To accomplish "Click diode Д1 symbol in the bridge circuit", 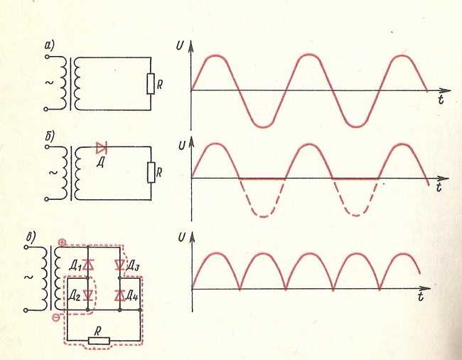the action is [x=88, y=265].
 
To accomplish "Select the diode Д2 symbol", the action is [x=88, y=295].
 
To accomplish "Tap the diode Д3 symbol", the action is [x=119, y=265].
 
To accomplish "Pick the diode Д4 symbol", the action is [x=119, y=295].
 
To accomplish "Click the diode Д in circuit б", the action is [x=102, y=148].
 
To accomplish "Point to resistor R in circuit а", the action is [x=151, y=84].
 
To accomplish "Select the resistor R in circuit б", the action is [x=151, y=172].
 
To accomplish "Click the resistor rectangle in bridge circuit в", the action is [x=99, y=341].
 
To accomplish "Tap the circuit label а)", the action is [x=48, y=45].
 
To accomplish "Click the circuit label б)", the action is [x=50, y=136].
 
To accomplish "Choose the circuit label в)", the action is [x=31, y=237].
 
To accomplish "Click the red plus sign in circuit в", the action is [x=62, y=243].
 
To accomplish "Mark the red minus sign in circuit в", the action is [x=55, y=317].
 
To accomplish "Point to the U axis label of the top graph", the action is [x=180, y=46].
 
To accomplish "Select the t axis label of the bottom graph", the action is [x=421, y=296].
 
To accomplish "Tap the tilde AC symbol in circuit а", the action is [x=49, y=83].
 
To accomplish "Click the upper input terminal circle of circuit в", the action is [x=26, y=247].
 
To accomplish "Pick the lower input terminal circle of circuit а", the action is [x=45, y=109].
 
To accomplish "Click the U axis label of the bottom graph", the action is [x=182, y=238].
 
